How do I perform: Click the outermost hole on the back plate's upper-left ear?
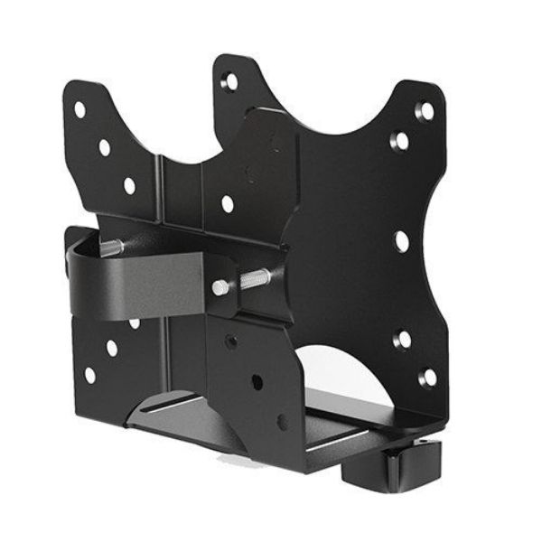coord(79,109)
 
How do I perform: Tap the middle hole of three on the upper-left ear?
coord(105,147)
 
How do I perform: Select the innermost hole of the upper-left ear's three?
coord(129,186)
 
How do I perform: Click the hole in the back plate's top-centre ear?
coord(231,82)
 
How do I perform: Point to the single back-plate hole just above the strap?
coord(228,205)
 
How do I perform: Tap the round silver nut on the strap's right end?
coord(220,287)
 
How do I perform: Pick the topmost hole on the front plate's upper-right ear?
coord(423,111)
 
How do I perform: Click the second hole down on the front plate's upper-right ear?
coord(399,140)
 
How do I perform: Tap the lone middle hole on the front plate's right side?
coord(401,240)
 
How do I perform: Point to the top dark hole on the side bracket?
coord(232,341)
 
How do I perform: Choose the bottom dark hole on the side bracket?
coord(283,421)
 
